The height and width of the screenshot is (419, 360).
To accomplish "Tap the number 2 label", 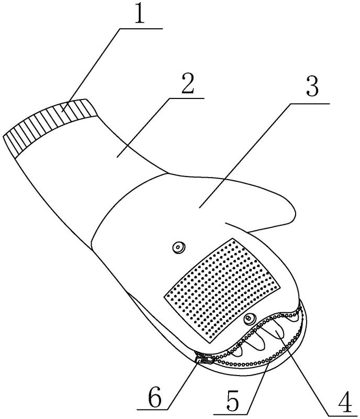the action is pos(187,83).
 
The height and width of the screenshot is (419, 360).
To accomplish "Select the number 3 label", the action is pos(312,86).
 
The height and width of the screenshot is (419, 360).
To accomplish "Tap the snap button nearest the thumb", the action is pos(178,248).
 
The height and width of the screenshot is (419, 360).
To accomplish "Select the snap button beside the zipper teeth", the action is pos(250,318).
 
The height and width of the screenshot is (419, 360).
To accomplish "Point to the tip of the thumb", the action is pos(295,211).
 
